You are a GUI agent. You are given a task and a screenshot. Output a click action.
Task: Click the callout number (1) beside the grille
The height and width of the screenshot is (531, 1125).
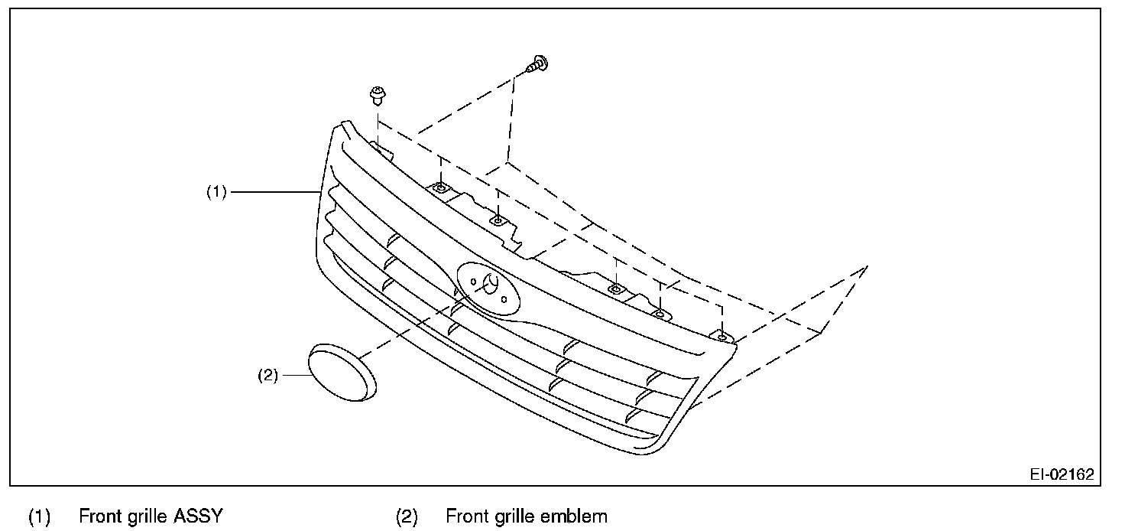pyautogui.click(x=216, y=193)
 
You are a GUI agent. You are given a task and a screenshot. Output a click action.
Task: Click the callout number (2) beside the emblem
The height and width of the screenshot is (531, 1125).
pyautogui.click(x=269, y=376)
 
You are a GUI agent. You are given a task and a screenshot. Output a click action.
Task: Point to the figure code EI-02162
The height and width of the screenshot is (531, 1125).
pyautogui.click(x=1061, y=474)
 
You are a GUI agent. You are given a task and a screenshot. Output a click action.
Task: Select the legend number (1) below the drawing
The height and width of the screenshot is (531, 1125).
pyautogui.click(x=39, y=517)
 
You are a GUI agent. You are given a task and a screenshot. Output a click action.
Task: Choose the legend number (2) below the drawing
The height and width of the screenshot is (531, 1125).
pyautogui.click(x=407, y=517)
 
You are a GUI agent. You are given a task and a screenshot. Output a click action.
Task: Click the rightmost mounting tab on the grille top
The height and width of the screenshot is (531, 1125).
pyautogui.click(x=721, y=336)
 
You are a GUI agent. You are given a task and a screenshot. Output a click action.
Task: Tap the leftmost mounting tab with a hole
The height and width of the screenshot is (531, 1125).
pyautogui.click(x=441, y=187)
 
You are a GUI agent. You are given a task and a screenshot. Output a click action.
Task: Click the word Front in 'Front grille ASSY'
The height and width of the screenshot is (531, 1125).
pyautogui.click(x=101, y=516)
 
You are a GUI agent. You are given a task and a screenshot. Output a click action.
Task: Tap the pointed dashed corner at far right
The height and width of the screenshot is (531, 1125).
pyautogui.click(x=867, y=267)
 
